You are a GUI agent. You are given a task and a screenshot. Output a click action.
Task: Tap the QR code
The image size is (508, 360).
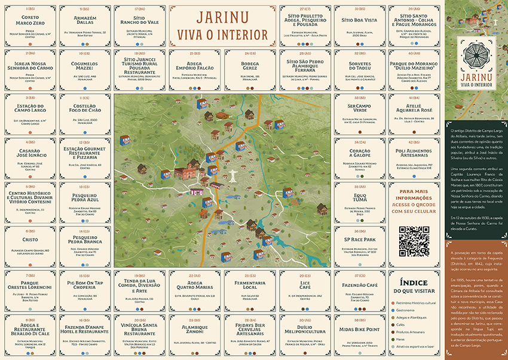tap(414, 241)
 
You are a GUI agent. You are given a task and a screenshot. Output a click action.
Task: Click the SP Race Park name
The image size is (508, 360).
tap(360, 240)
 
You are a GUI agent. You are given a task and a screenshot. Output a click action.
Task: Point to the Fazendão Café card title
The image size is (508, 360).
tap(360, 286)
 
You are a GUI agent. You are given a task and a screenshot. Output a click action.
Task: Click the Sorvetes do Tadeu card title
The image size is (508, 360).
tap(360, 66)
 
